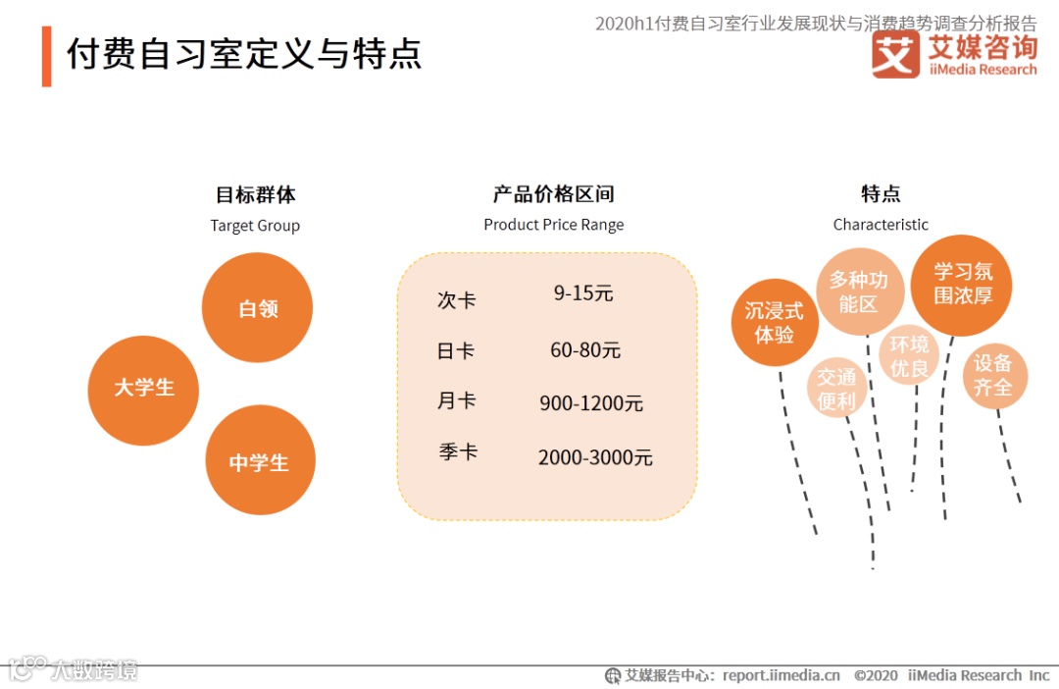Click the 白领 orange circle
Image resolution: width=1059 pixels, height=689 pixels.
(257, 308)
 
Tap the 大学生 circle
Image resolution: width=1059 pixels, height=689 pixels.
(143, 389)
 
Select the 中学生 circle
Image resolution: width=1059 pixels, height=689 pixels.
(260, 461)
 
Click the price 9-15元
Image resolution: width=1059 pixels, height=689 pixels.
(583, 292)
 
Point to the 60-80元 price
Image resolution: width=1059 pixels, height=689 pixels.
(585, 350)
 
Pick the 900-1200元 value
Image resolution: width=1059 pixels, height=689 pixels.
(591, 403)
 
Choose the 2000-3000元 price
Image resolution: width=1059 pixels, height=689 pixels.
(595, 457)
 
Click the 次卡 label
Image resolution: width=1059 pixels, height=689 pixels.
(456, 299)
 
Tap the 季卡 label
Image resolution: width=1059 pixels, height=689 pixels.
(458, 452)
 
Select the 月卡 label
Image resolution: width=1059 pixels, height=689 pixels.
(456, 401)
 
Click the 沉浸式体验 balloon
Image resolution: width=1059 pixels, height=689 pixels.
(775, 322)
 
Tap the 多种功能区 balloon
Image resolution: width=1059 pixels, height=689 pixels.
(859, 291)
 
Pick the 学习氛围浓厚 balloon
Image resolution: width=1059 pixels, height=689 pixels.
(962, 284)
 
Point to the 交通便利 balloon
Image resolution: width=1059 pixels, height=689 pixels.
(837, 389)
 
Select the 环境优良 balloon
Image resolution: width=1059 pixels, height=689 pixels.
(909, 356)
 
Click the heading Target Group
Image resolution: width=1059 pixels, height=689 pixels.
(255, 226)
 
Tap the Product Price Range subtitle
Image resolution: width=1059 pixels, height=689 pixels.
(553, 225)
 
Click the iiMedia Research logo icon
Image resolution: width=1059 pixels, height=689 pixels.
(895, 55)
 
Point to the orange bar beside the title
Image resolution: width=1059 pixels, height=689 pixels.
(46, 56)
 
